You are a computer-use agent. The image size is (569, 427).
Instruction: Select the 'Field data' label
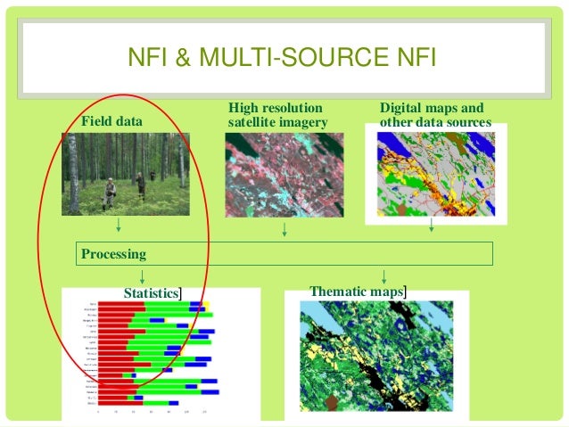click(111, 120)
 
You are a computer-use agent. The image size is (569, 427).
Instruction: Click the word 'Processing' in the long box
click(114, 254)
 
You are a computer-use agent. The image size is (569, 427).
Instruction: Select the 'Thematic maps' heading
click(355, 292)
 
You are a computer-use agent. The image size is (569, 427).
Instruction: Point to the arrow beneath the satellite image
click(284, 230)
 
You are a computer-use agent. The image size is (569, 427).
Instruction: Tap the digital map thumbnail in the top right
click(434, 169)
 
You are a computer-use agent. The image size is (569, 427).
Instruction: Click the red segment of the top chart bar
click(120, 304)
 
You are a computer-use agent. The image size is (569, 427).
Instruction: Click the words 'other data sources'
click(434, 122)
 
